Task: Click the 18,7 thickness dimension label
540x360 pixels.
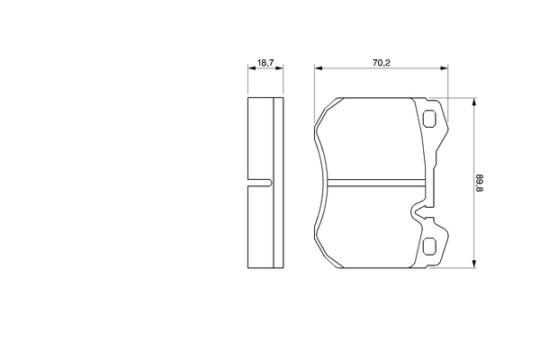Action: (265, 63)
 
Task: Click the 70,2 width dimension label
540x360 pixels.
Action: (381, 63)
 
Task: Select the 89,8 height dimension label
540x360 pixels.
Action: (480, 183)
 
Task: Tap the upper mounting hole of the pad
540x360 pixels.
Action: (429, 119)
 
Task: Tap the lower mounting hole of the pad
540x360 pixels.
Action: (429, 247)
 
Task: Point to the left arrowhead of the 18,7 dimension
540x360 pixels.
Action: (252, 68)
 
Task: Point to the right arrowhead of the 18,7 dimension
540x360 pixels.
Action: (279, 68)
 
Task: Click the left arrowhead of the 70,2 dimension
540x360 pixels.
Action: (319, 68)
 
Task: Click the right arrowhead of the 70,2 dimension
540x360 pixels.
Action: (445, 68)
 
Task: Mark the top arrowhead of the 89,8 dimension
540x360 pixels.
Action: (474, 102)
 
